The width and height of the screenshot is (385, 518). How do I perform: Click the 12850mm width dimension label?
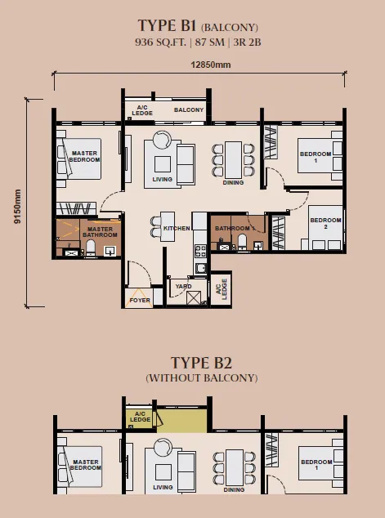[211, 65]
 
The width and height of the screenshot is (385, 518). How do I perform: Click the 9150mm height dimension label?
[17, 207]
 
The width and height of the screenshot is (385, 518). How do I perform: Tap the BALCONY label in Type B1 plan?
[189, 109]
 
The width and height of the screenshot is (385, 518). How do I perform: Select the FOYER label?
[140, 301]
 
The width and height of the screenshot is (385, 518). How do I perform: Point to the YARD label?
[183, 286]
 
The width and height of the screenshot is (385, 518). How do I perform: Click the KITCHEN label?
[177, 228]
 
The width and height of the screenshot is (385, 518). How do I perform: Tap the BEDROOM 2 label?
[325, 223]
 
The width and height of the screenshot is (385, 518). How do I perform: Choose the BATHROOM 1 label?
[235, 228]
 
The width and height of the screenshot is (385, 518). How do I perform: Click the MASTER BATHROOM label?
[100, 232]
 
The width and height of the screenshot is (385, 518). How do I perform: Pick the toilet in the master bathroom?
[90, 248]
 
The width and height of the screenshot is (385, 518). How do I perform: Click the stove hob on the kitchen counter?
[200, 251]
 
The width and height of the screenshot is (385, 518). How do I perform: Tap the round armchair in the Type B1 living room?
[163, 137]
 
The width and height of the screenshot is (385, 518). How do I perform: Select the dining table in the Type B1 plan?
[233, 160]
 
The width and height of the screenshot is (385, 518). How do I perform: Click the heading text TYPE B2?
[201, 363]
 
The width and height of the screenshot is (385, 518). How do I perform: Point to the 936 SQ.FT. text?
[160, 42]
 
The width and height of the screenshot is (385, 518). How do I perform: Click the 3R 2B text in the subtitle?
[247, 42]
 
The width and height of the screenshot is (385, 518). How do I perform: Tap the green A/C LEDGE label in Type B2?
[140, 417]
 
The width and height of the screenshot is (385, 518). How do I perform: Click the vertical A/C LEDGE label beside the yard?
[222, 289]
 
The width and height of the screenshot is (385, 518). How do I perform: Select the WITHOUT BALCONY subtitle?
[202, 378]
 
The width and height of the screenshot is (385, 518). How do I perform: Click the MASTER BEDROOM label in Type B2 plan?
[85, 465]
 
